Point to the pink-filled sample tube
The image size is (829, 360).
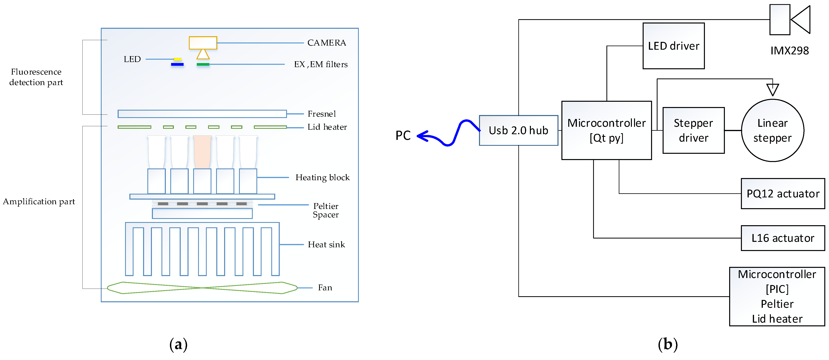202,151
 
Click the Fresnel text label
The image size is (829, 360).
321,114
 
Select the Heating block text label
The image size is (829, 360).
322,178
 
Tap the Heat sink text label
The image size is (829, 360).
326,245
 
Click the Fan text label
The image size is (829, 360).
325,288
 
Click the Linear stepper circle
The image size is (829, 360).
772,130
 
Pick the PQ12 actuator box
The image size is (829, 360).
783,194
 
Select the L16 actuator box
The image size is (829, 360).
783,238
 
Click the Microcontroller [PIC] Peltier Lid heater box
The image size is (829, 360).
777,296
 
